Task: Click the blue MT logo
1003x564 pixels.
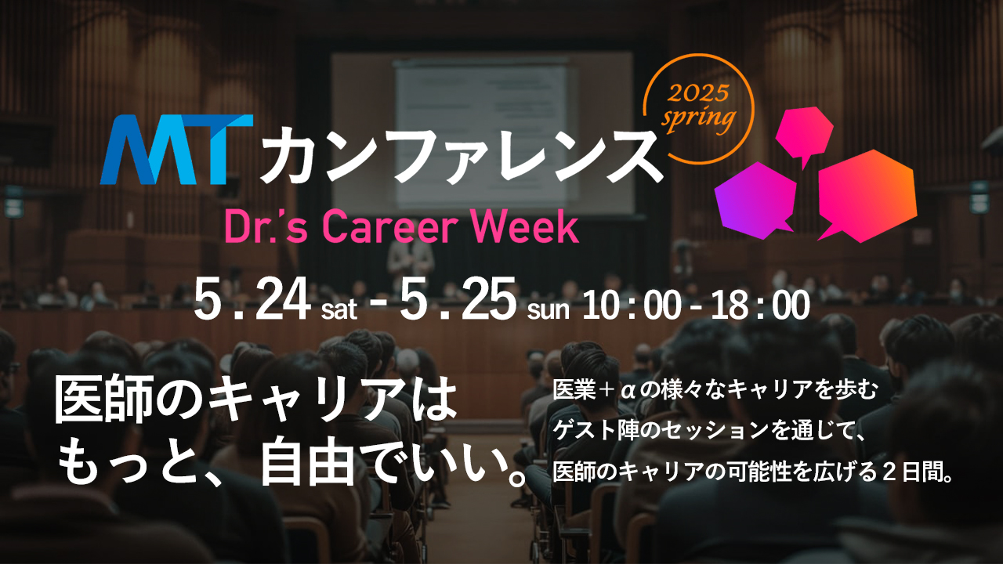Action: [176, 150]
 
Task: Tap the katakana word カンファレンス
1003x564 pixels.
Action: [462, 156]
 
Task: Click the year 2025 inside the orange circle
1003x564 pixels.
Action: [699, 93]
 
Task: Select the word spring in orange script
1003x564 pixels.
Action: [698, 118]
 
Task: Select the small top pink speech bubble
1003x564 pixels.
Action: [804, 133]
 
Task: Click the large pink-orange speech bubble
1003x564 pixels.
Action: [867, 196]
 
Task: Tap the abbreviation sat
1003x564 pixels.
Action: [339, 309]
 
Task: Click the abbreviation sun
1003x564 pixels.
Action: [548, 309]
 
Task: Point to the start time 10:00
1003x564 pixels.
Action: [632, 305]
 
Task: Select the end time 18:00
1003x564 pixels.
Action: [760, 305]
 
